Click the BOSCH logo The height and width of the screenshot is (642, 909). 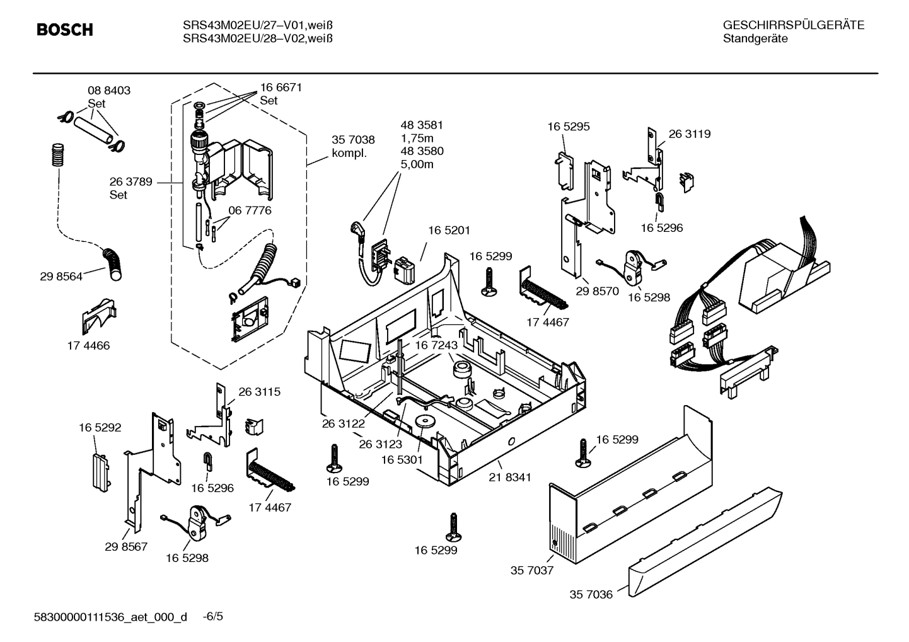pyautogui.click(x=64, y=30)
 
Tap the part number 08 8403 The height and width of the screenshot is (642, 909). pyautogui.click(x=108, y=90)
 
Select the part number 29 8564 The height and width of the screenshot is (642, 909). pyautogui.click(x=61, y=276)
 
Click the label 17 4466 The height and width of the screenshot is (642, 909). pyautogui.click(x=88, y=345)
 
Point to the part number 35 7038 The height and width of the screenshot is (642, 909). pyautogui.click(x=353, y=140)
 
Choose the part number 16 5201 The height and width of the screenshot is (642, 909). pyautogui.click(x=449, y=231)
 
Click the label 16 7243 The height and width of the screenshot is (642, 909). pyautogui.click(x=436, y=345)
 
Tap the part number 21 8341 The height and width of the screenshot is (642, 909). pyautogui.click(x=509, y=478)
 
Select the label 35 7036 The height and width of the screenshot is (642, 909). pyautogui.click(x=591, y=594)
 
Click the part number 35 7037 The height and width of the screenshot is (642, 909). pyautogui.click(x=531, y=570)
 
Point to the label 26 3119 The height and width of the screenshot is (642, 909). pyautogui.click(x=689, y=134)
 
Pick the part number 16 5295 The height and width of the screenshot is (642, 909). pyautogui.click(x=568, y=126)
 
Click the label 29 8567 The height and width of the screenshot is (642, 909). pyautogui.click(x=126, y=546)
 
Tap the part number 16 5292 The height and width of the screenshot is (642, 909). pyautogui.click(x=100, y=427)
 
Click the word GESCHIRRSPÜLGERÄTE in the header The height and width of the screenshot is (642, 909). pyautogui.click(x=793, y=25)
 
